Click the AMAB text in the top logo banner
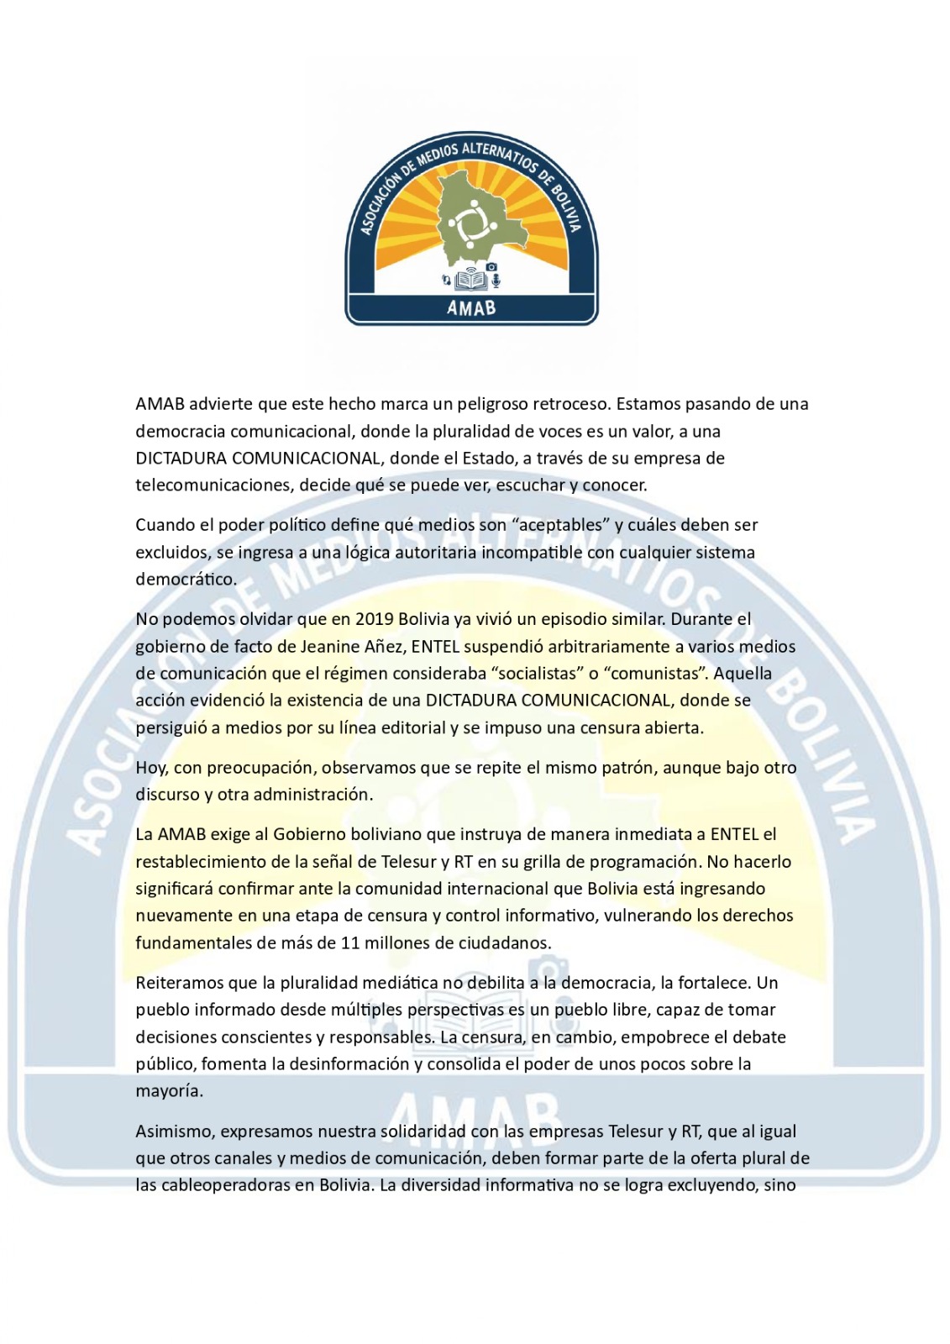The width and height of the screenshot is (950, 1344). click(471, 308)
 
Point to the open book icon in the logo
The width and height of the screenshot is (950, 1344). click(470, 280)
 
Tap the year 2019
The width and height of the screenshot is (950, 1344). click(375, 619)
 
